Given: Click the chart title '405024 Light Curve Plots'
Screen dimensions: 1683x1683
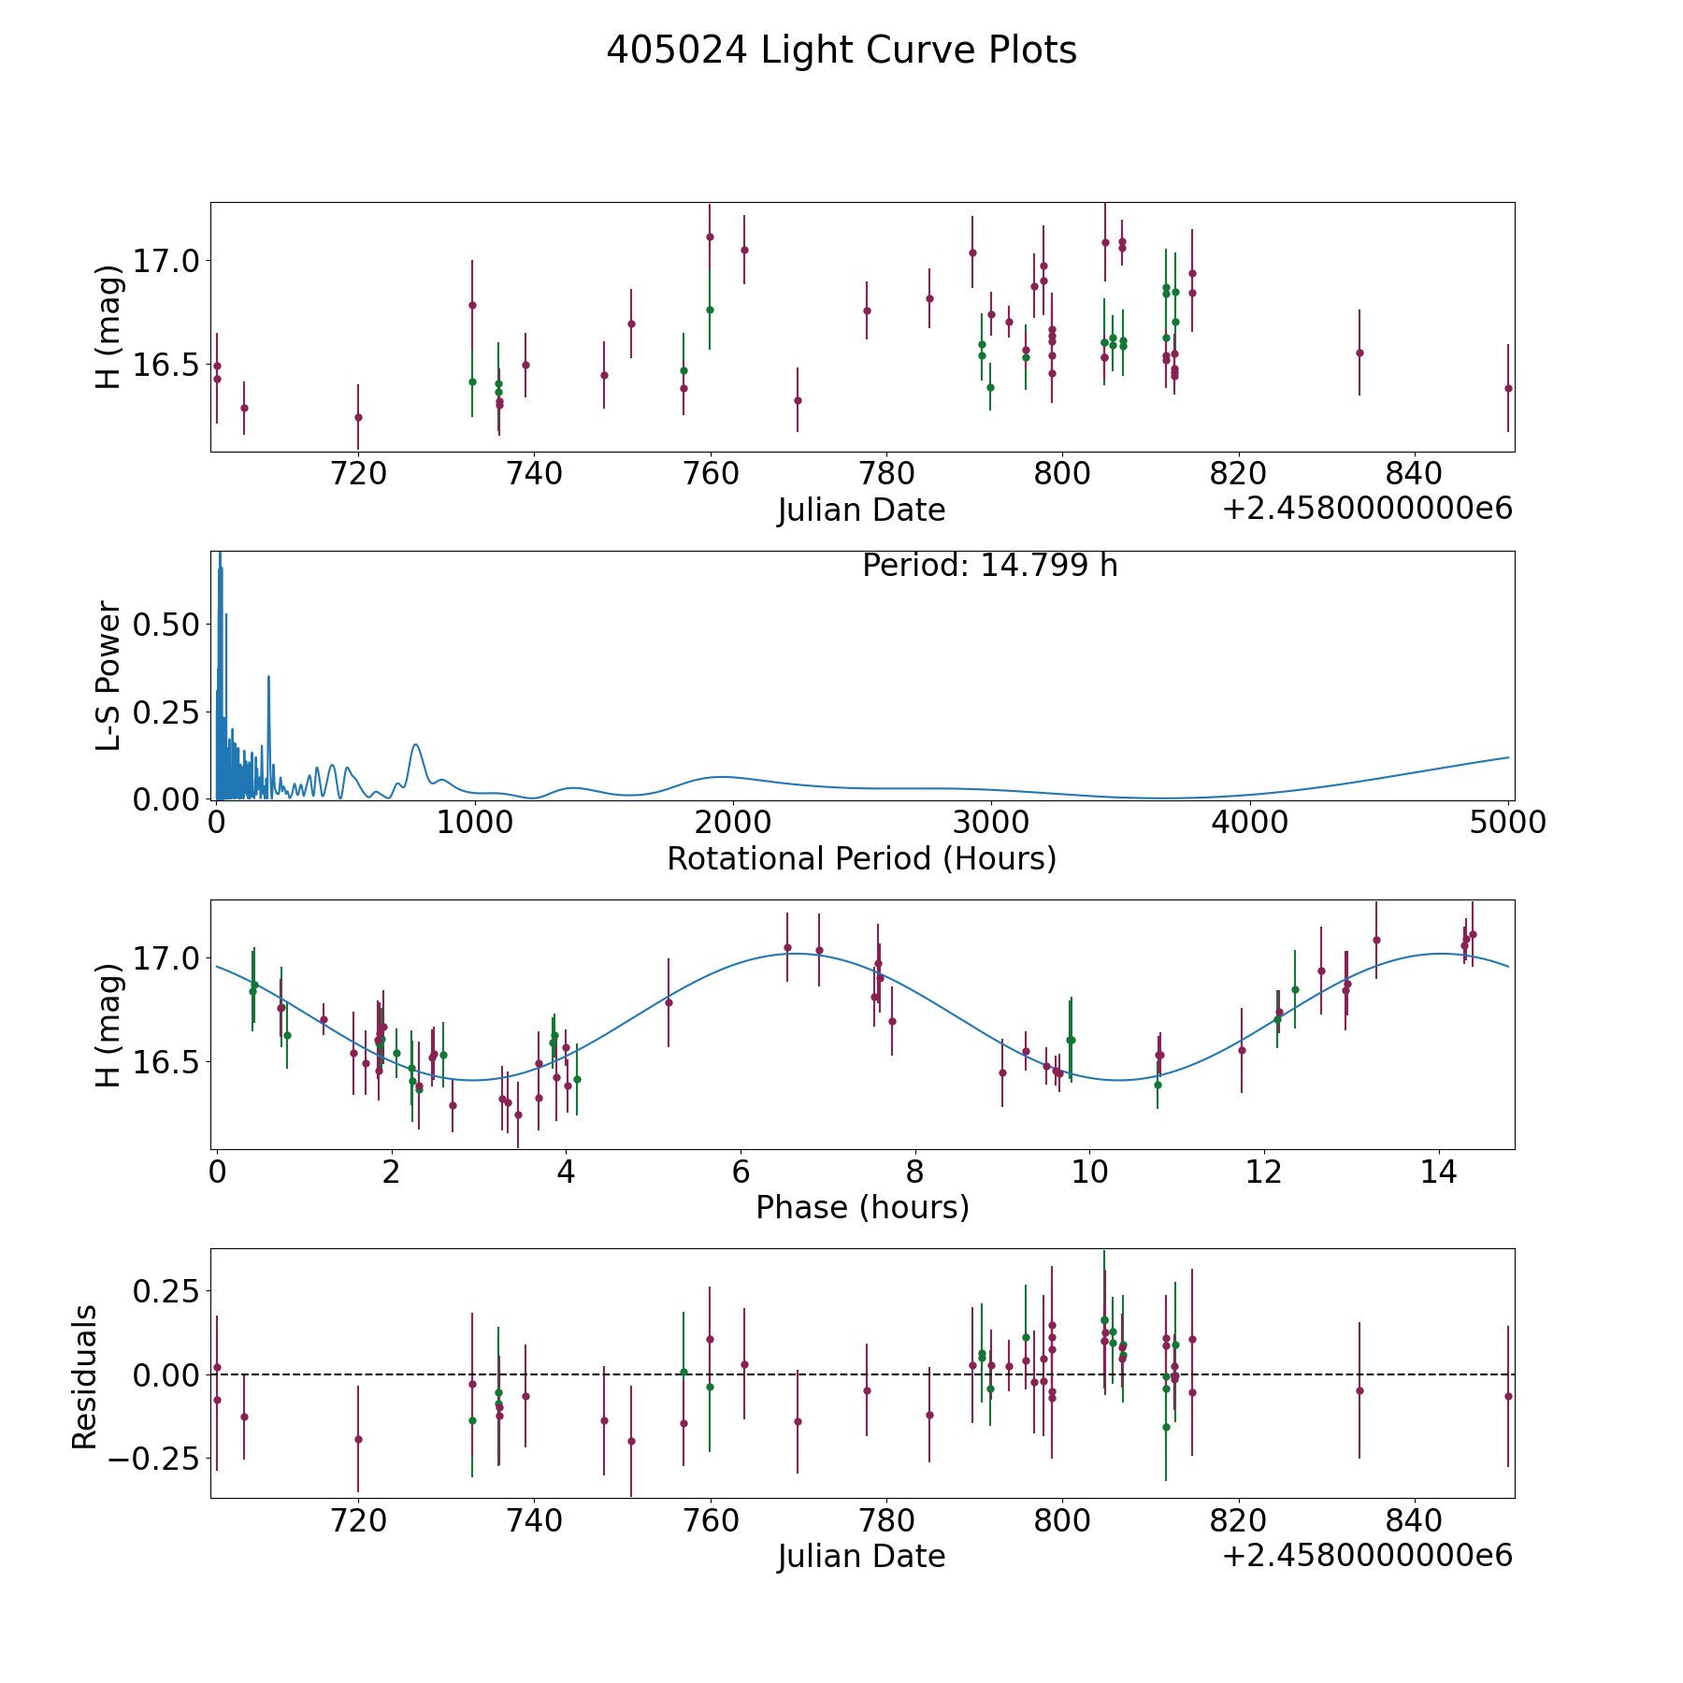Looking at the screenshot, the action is click(x=841, y=50).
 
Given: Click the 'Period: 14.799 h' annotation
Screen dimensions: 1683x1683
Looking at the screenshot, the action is click(x=990, y=566).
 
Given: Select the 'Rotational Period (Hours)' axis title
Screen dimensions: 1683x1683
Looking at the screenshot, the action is click(x=862, y=858).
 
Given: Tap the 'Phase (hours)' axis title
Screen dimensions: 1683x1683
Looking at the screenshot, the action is click(x=862, y=1207).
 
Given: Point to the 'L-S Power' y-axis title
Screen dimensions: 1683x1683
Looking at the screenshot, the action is click(x=109, y=676).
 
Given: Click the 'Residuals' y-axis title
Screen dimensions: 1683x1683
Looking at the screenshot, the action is click(x=85, y=1377).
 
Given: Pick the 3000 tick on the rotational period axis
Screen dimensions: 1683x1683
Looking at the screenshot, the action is click(x=990, y=823).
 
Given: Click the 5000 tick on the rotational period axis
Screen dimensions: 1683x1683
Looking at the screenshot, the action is click(x=1507, y=823).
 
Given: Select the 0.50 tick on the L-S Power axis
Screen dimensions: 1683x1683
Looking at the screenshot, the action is click(x=166, y=625).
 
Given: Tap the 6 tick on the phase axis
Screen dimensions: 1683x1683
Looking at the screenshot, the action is click(x=741, y=1172).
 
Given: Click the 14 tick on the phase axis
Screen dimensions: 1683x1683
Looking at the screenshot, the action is click(x=1439, y=1172).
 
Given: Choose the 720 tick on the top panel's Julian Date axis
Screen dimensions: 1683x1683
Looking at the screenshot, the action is click(x=358, y=474).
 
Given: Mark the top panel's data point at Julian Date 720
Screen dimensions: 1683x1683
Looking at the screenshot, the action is click(x=358, y=417).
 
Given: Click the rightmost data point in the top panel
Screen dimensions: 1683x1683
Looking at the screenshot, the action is click(x=1508, y=388).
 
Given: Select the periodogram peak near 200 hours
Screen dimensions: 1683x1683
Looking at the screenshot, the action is click(x=268, y=676).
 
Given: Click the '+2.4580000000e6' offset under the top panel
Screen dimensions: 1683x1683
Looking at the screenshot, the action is click(x=1367, y=509).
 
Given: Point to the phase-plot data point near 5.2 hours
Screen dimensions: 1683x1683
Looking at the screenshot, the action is click(x=669, y=1002).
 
